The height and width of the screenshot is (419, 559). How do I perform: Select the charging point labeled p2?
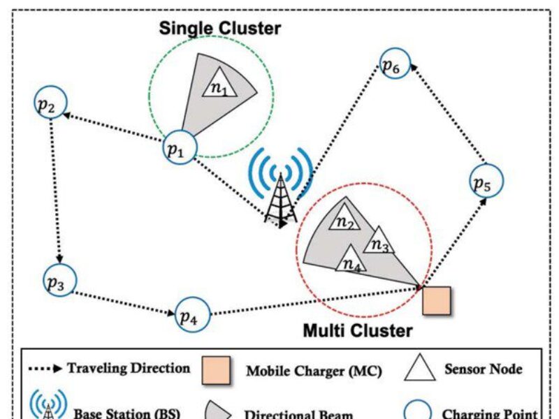point(50,105)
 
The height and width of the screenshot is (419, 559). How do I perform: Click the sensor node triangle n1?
point(219,83)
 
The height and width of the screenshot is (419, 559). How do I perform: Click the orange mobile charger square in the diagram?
point(437,300)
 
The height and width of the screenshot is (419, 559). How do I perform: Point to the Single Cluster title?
point(219,29)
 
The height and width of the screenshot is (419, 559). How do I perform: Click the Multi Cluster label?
point(357,330)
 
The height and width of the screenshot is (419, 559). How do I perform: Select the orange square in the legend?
point(216,371)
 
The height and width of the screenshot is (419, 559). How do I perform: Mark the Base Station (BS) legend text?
point(125,413)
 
